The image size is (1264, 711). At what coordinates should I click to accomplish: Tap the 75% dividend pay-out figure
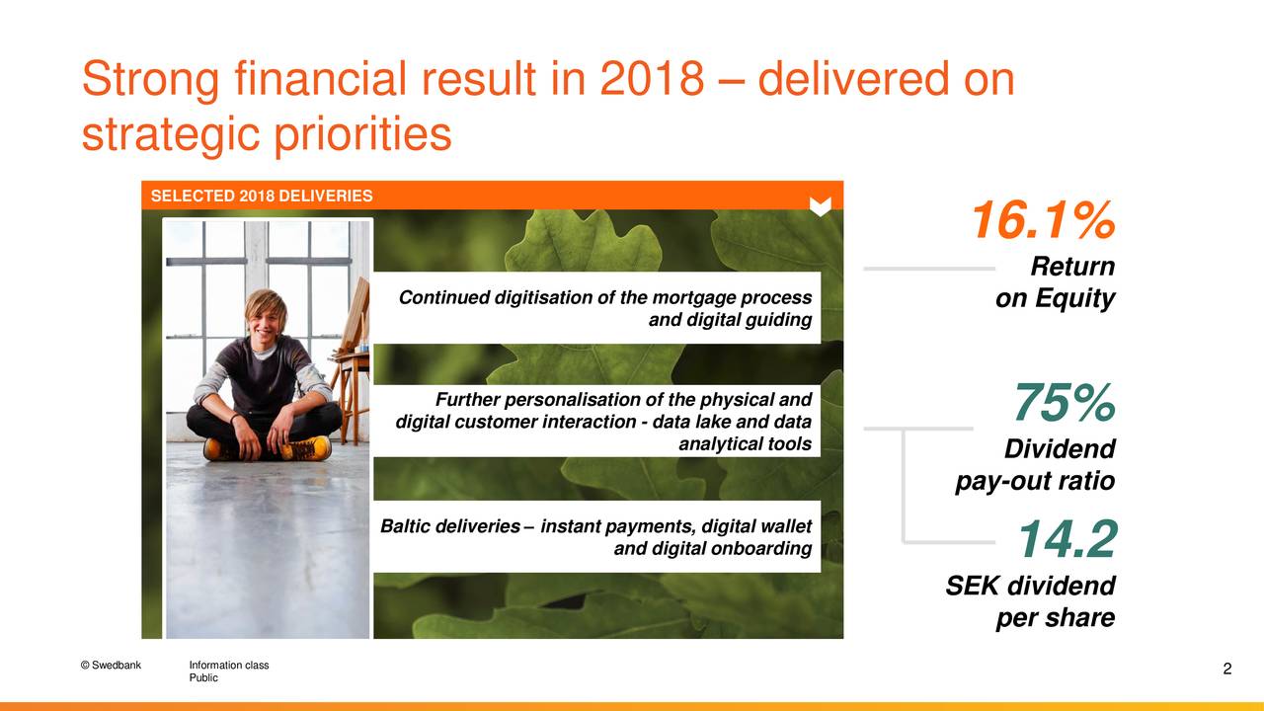point(1064,403)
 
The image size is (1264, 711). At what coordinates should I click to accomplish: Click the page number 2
point(1226,671)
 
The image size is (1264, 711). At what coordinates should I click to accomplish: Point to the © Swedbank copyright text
point(111,665)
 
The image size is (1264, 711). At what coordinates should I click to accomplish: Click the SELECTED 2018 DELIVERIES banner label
point(262,196)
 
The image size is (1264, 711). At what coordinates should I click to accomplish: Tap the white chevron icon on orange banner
point(820,205)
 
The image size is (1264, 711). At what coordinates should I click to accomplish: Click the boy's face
point(266,317)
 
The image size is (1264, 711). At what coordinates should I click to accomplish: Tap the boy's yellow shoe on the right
point(305,448)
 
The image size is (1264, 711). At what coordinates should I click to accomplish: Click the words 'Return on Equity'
point(1057,282)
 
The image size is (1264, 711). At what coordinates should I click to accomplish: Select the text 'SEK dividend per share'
point(1032,601)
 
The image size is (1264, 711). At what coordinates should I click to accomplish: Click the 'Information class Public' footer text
point(228,671)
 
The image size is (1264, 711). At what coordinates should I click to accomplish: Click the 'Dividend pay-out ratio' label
point(1037,465)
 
